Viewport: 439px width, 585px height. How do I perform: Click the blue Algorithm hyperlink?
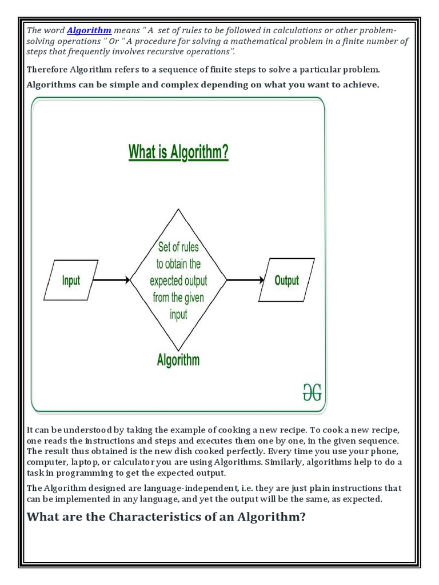[89, 30]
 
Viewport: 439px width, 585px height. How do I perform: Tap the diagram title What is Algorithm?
[178, 152]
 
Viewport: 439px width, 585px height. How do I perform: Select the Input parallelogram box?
[71, 280]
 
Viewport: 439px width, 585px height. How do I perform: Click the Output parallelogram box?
[286, 280]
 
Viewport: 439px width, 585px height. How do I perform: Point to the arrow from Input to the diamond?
[111, 280]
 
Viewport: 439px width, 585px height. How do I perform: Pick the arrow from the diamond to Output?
[245, 280]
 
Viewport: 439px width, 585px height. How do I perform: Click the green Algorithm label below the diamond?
[178, 359]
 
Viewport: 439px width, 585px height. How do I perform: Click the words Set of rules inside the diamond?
[178, 247]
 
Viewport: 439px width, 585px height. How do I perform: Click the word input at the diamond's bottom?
[178, 315]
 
